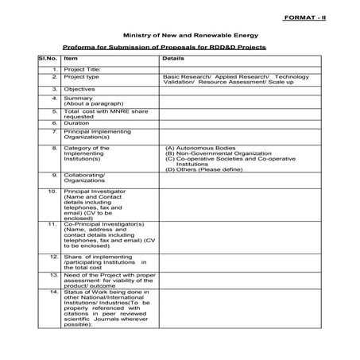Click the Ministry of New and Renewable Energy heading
pos(180,37)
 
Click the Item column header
pos(71,59)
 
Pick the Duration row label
pos(77,123)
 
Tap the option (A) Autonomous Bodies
pos(195,148)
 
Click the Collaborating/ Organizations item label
pos(84,179)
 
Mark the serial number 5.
pos(54,112)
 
